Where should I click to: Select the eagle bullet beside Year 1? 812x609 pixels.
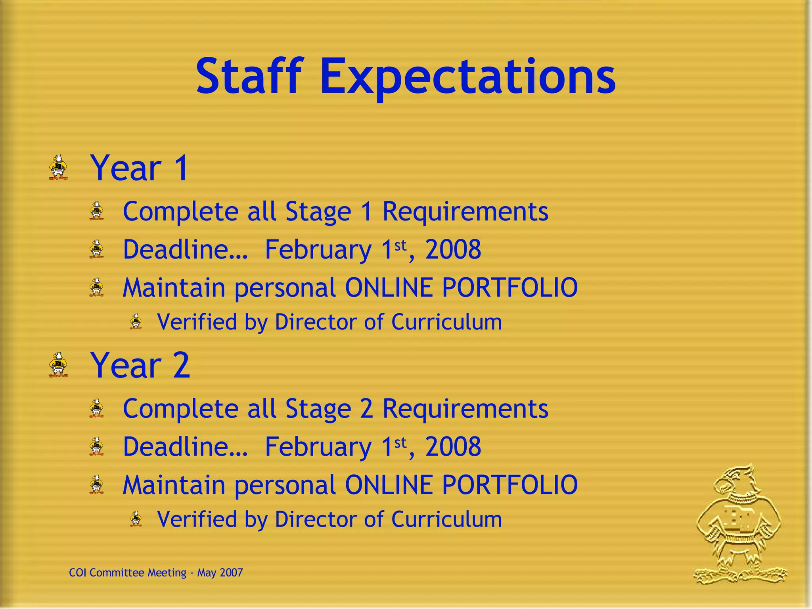[58, 168]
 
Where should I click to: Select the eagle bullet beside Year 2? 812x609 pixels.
[58, 364]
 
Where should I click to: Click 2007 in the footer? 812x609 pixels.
[231, 573]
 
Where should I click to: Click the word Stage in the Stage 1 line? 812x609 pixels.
[318, 212]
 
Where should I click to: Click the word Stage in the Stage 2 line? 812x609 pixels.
[318, 409]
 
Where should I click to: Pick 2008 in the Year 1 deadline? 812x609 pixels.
[453, 250]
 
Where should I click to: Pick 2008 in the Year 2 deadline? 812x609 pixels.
[453, 447]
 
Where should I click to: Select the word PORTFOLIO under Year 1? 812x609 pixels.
[509, 287]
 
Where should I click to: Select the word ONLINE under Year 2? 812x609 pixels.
[389, 485]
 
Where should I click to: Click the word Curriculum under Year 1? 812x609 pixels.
[446, 322]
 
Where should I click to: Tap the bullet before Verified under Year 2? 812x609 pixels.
[136, 519]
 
